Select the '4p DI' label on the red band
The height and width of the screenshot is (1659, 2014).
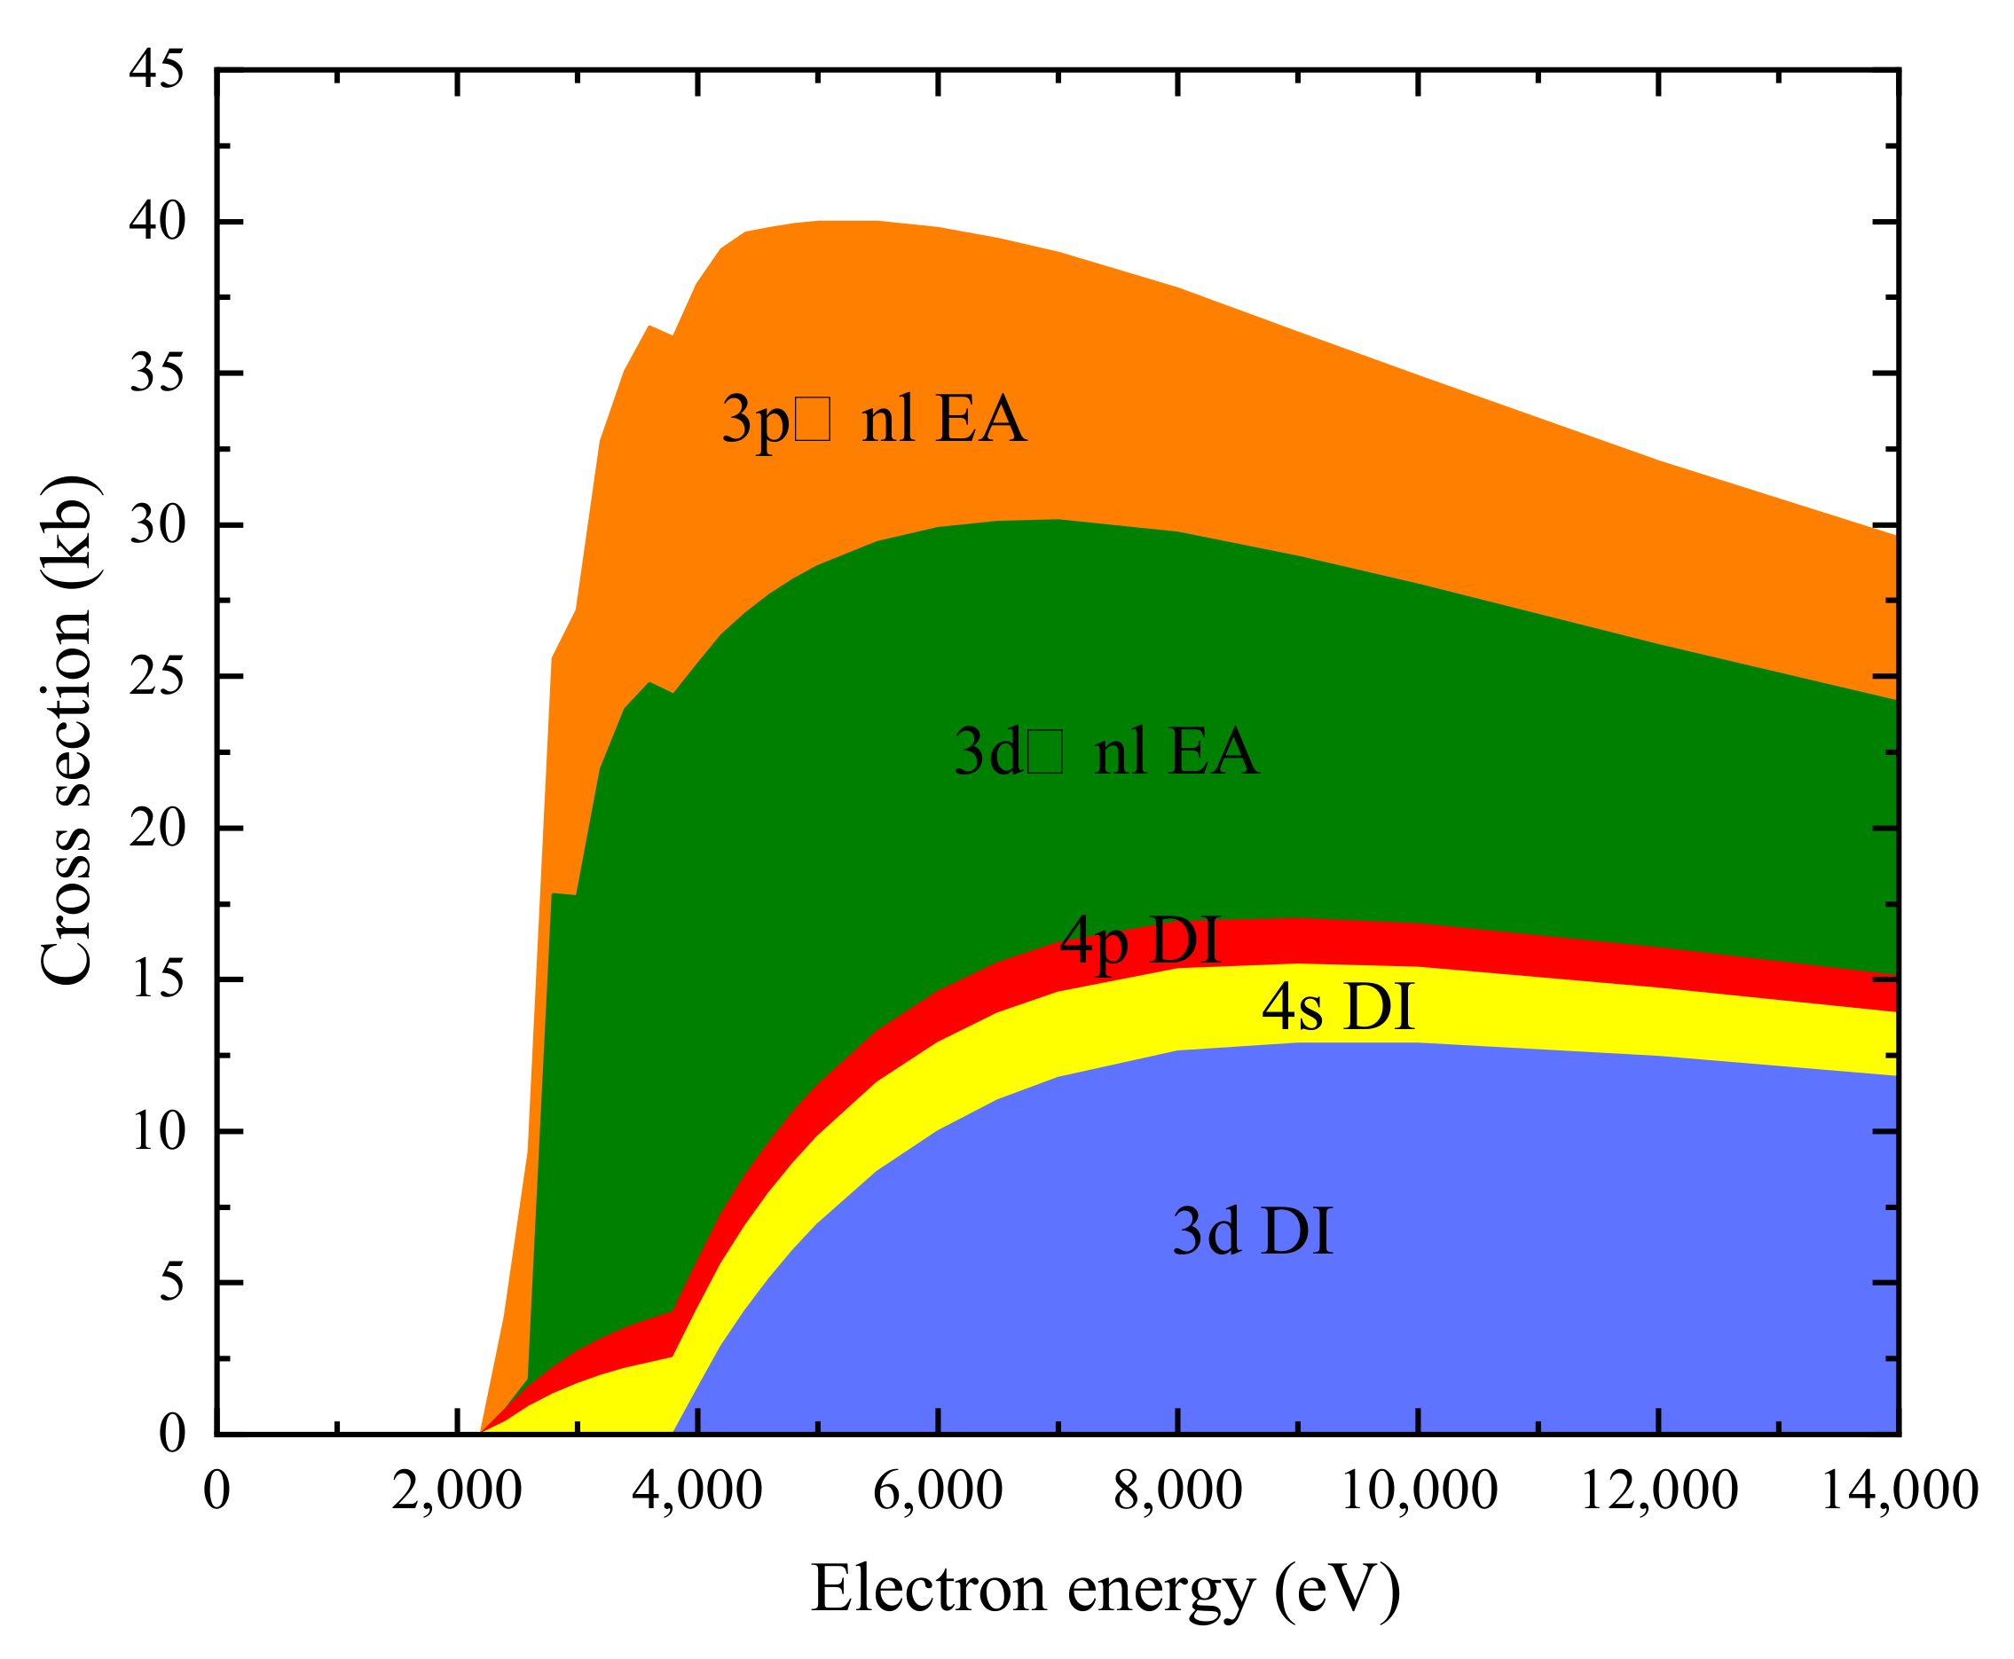[1139, 940]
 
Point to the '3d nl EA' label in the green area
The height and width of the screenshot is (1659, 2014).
[1106, 751]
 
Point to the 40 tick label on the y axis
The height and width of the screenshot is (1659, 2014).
[157, 222]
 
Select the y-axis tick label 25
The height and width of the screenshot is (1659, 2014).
[157, 677]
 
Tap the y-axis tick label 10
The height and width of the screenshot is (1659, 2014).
[157, 1131]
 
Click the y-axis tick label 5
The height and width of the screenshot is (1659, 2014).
[171, 1283]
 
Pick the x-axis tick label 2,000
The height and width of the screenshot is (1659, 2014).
[457, 1490]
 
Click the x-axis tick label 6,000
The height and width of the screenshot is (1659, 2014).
[938, 1490]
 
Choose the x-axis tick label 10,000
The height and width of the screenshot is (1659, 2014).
[1419, 1490]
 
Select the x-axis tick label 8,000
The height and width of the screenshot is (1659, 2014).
[1177, 1490]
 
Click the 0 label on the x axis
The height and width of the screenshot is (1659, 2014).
[217, 1490]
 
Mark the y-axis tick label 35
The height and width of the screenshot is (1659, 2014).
[157, 373]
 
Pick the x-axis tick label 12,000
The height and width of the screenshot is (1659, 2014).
[1659, 1490]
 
